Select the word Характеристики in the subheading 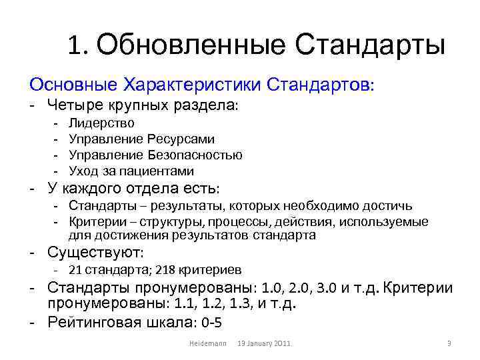click(192, 85)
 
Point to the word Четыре click(71, 105)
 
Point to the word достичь click(391, 206)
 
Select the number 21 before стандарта click(75, 270)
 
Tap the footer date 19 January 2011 click(265, 343)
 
